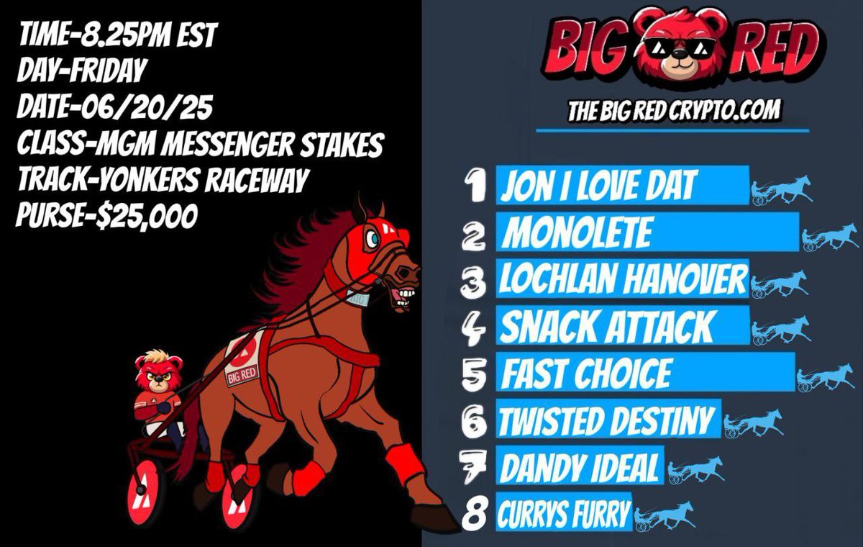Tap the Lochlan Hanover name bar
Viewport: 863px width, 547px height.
click(623, 279)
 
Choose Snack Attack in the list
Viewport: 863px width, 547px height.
click(606, 328)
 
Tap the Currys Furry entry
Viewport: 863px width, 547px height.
click(563, 514)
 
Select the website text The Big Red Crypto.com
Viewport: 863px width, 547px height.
click(674, 111)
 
